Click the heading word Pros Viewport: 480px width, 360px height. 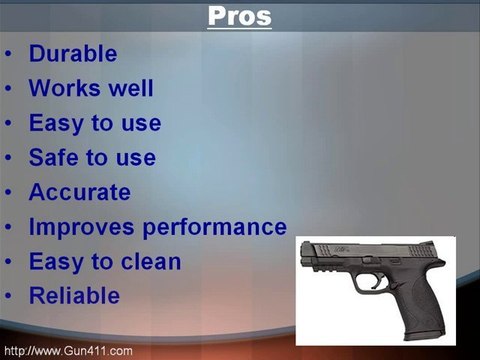[240, 17]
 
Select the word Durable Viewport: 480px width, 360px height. [73, 54]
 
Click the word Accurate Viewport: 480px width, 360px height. [79, 192]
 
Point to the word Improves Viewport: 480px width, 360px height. [78, 227]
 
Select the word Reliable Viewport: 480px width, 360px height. [74, 296]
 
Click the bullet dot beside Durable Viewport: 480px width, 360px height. [9, 55]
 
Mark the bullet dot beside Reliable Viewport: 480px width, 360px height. [9, 297]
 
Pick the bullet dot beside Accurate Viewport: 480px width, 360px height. [9, 193]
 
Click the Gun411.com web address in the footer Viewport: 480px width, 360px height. [68, 351]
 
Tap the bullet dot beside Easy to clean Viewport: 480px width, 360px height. [9, 263]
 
